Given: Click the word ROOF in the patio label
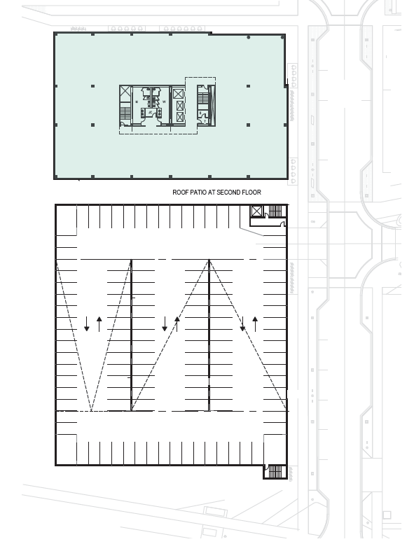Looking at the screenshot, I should pyautogui.click(x=180, y=192).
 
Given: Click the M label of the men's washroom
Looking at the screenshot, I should pyautogui.click(x=137, y=102).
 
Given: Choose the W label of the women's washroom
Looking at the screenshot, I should pyautogui.click(x=164, y=102).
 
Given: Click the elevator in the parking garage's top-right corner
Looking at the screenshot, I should pyautogui.click(x=256, y=211).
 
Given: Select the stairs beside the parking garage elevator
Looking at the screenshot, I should pyautogui.click(x=275, y=211).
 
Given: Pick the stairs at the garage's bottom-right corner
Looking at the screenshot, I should pyautogui.click(x=275, y=472).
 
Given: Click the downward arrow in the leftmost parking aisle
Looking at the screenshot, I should pyautogui.click(x=87, y=324).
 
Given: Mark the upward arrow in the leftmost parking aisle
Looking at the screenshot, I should pyautogui.click(x=99, y=324).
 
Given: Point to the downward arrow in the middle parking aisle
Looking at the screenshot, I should pyautogui.click(x=165, y=324).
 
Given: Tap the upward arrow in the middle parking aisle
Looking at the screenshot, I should pyautogui.click(x=177, y=324).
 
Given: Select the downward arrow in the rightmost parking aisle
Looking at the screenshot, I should pyautogui.click(x=242, y=324).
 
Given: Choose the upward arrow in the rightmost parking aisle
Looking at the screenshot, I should pyautogui.click(x=255, y=324).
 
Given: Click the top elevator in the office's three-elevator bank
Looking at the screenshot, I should pyautogui.click(x=179, y=94).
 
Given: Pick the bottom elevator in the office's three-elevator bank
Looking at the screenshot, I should pyautogui.click(x=179, y=118).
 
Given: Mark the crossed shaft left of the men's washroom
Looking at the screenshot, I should pyautogui.click(x=125, y=93).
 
